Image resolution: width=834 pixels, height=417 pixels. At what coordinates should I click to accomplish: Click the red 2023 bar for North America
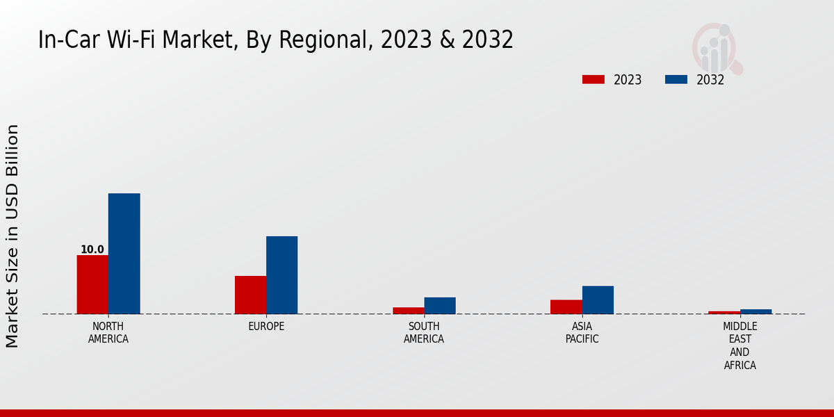(92, 284)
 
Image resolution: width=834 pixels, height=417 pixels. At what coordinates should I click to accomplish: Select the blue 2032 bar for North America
(124, 254)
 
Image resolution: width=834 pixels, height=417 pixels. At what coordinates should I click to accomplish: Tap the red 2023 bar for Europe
(250, 295)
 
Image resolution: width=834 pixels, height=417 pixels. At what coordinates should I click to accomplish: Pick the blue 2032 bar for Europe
(281, 275)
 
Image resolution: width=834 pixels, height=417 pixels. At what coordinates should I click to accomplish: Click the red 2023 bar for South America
(408, 311)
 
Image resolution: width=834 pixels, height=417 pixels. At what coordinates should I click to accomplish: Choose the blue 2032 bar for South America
(440, 306)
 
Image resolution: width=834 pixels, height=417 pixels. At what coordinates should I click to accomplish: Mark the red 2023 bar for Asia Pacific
(566, 306)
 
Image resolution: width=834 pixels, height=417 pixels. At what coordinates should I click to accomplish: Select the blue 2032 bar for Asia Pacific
(598, 300)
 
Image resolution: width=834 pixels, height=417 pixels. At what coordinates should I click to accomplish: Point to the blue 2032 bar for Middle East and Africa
(755, 311)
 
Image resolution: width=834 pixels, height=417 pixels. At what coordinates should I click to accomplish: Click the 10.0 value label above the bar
(92, 250)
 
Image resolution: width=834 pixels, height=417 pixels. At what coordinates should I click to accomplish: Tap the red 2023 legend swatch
(593, 79)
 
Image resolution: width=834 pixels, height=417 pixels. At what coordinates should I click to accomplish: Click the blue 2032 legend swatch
(676, 79)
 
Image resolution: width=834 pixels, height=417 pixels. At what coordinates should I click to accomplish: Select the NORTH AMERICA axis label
(108, 333)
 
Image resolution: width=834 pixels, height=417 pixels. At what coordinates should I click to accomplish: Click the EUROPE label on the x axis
(266, 327)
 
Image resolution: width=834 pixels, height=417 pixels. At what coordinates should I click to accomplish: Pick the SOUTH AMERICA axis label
(424, 333)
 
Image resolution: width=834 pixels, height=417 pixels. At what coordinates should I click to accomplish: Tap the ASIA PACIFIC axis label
(582, 333)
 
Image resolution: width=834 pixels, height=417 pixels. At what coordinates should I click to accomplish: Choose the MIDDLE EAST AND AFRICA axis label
(739, 346)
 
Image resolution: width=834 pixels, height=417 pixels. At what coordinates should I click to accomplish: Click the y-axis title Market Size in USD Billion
(13, 236)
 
